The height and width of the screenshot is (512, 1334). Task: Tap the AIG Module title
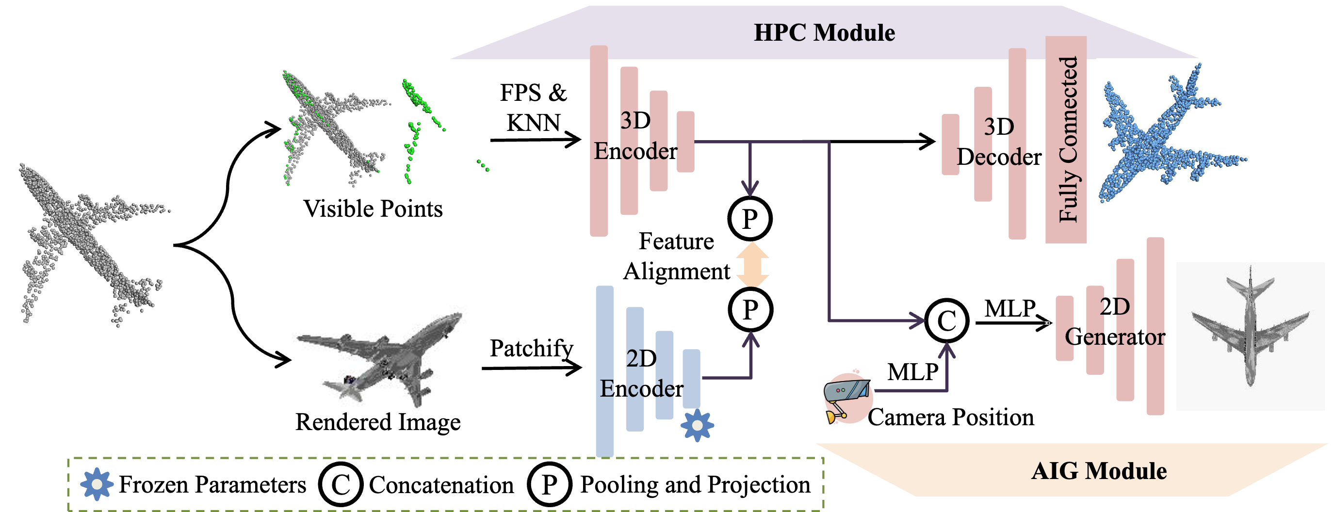coord(1099,471)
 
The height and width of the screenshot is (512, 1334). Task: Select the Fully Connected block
coord(1066,140)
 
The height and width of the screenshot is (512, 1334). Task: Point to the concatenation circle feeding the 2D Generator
coord(946,320)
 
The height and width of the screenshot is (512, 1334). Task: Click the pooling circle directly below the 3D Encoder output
coord(750,219)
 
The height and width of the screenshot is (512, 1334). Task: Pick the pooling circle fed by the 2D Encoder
coord(750,310)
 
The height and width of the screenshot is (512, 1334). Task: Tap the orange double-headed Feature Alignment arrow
coord(752,265)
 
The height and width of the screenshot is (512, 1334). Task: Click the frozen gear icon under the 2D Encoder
coord(697,425)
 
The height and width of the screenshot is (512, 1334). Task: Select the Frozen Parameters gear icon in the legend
coord(97,484)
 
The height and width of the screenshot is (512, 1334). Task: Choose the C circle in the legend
coord(341,484)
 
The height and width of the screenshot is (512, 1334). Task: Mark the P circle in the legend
coord(550,484)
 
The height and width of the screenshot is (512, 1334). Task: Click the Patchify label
coord(531,349)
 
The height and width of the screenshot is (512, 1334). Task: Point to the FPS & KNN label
coord(534,108)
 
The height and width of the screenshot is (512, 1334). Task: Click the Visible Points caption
coord(373,209)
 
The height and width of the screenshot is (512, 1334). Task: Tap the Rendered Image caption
coord(378,422)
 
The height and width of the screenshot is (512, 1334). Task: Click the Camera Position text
coord(951,417)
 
